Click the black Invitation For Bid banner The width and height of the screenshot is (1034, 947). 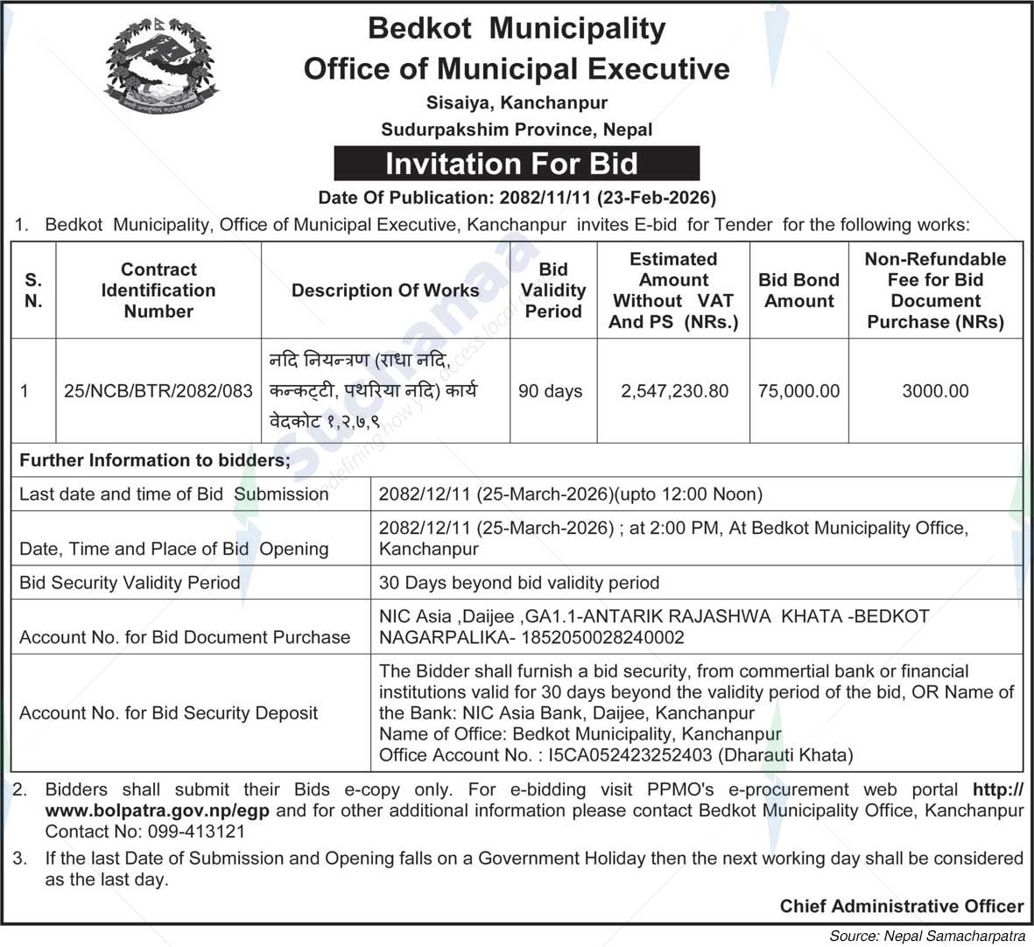(x=517, y=164)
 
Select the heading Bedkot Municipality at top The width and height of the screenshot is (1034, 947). (x=517, y=28)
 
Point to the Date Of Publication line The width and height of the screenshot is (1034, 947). (x=517, y=197)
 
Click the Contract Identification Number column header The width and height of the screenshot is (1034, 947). (x=158, y=290)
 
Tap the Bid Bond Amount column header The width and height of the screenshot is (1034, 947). (x=798, y=290)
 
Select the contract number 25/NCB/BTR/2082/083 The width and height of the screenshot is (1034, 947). (x=158, y=391)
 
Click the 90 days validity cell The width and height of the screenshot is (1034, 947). (x=551, y=391)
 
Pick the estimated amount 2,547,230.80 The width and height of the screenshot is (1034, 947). (x=674, y=391)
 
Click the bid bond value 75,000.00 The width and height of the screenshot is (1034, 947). (x=798, y=391)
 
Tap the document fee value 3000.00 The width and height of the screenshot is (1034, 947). (x=935, y=391)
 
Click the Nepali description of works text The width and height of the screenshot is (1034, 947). (x=375, y=390)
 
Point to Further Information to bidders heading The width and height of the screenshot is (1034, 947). (x=155, y=460)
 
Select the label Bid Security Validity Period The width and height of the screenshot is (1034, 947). (x=130, y=583)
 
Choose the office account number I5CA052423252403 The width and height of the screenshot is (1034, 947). (x=627, y=754)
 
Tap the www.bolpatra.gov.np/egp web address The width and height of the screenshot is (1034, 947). (x=158, y=810)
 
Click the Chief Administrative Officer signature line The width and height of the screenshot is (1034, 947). (x=902, y=906)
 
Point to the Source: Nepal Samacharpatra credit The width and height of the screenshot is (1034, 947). (x=927, y=936)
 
